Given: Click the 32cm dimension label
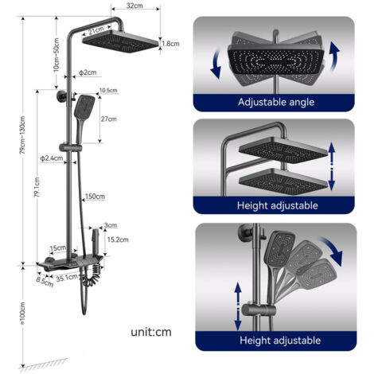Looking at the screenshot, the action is [134, 6].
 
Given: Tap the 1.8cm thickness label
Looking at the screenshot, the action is [171, 44].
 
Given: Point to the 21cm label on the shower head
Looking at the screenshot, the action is [96, 30].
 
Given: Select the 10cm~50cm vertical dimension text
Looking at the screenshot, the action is [56, 55].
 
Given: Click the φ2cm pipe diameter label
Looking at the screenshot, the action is [88, 72].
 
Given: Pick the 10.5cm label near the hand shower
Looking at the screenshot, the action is [108, 91].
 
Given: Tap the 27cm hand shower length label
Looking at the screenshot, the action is [108, 119].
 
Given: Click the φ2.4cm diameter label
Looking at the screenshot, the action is [52, 158].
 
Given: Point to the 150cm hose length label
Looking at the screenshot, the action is [95, 197].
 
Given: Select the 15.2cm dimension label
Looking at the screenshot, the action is [118, 240].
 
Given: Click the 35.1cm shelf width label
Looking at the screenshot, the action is [67, 278].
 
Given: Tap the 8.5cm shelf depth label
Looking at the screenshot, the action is [45, 282].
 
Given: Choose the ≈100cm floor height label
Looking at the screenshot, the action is [23, 314].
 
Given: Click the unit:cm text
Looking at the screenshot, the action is [151, 332].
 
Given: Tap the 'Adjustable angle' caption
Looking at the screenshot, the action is [276, 102].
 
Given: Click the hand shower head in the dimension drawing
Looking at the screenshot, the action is [84, 107].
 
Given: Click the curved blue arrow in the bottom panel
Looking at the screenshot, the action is [332, 249].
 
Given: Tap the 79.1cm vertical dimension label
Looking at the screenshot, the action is [37, 188].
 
